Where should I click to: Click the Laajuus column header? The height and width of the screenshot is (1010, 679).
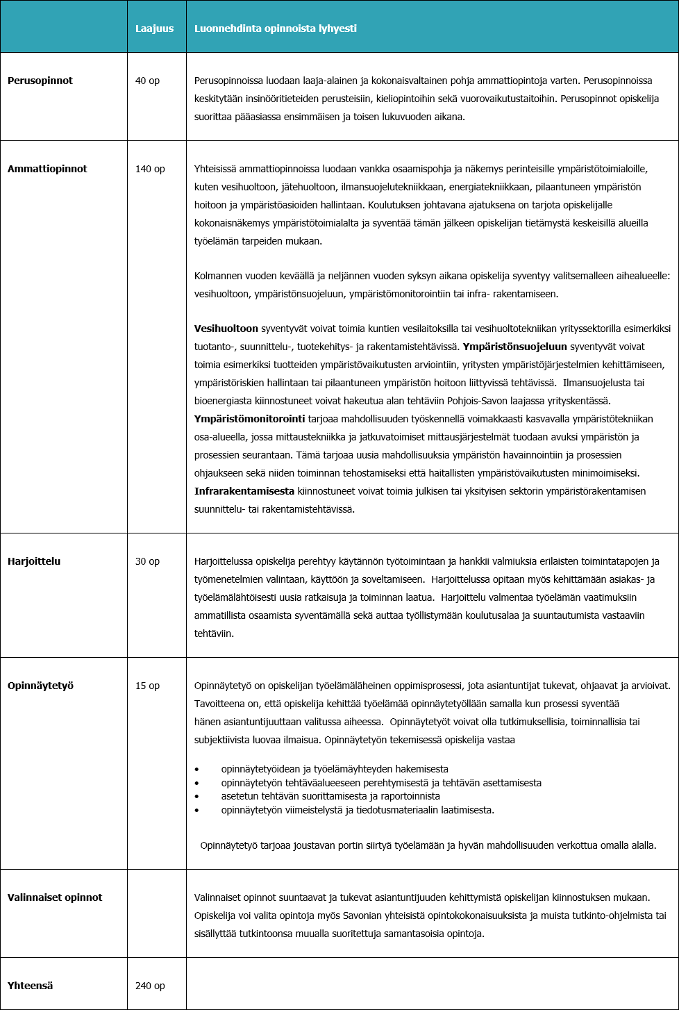(154, 28)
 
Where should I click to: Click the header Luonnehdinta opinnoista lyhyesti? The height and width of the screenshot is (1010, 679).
(275, 28)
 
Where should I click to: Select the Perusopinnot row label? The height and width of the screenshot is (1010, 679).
(40, 81)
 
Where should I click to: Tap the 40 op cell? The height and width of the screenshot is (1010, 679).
(147, 81)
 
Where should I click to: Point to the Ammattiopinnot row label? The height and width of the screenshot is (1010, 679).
(47, 169)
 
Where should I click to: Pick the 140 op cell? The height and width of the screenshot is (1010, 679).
(150, 169)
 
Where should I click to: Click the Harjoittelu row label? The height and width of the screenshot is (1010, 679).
(34, 561)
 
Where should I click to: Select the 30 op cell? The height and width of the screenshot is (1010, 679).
(147, 561)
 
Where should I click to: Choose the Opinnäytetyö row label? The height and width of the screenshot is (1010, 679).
(40, 686)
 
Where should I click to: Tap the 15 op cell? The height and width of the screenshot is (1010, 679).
(147, 686)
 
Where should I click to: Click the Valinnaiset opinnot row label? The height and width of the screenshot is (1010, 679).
(55, 897)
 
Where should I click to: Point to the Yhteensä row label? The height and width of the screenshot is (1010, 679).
(30, 986)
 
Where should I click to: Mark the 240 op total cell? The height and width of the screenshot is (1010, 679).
(150, 986)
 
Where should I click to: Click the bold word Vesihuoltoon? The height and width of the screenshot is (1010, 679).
(226, 329)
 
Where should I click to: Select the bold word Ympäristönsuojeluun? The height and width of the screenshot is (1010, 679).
(514, 347)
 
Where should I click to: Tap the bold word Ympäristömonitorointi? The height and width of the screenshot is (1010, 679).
(249, 419)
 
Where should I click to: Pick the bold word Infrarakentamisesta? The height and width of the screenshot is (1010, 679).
(244, 491)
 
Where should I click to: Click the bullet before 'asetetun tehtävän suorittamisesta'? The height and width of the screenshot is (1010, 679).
(197, 797)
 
